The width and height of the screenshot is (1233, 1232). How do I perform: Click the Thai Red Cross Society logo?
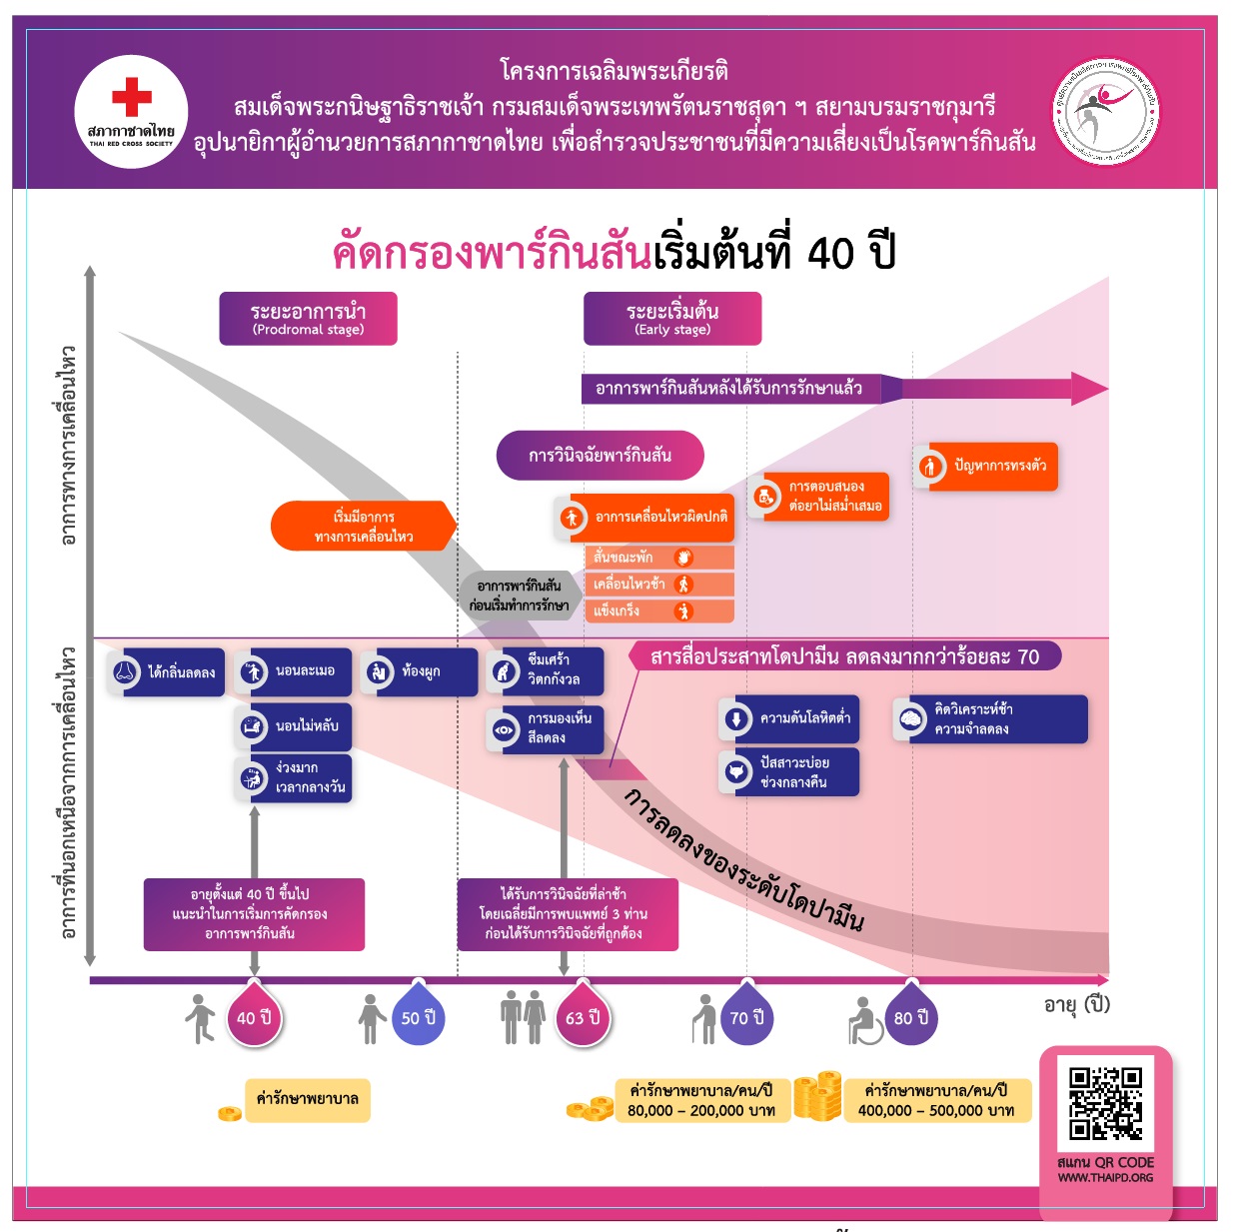tap(131, 111)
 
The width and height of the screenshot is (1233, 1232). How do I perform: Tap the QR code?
tap(1105, 1103)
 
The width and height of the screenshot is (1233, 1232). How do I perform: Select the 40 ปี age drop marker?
tap(254, 1018)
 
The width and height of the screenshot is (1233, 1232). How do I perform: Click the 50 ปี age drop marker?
tap(418, 1018)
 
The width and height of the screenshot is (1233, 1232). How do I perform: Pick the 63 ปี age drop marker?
tap(583, 1018)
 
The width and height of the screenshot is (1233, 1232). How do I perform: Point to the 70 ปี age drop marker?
tap(746, 1018)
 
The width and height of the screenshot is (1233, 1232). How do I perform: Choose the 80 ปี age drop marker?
tap(910, 1018)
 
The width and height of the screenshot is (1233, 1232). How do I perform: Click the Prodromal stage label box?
tap(308, 319)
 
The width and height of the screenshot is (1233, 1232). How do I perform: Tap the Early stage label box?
tap(672, 319)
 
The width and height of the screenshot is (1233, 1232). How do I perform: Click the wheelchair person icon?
tap(865, 1020)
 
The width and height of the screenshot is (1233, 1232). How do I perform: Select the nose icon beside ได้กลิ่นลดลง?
tap(125, 672)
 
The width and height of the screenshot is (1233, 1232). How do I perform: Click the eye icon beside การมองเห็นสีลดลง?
tap(504, 729)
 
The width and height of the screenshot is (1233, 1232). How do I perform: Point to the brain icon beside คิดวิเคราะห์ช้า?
tap(911, 719)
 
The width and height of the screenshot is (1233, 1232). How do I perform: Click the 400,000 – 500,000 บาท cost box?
tap(936, 1100)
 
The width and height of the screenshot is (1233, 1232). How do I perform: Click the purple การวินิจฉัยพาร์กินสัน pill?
tap(600, 456)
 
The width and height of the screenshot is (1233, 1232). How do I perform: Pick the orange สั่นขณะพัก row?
tap(659, 558)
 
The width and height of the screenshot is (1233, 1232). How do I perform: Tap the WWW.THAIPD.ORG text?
tap(1105, 1178)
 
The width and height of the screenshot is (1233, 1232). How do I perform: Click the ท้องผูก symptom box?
tap(420, 672)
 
